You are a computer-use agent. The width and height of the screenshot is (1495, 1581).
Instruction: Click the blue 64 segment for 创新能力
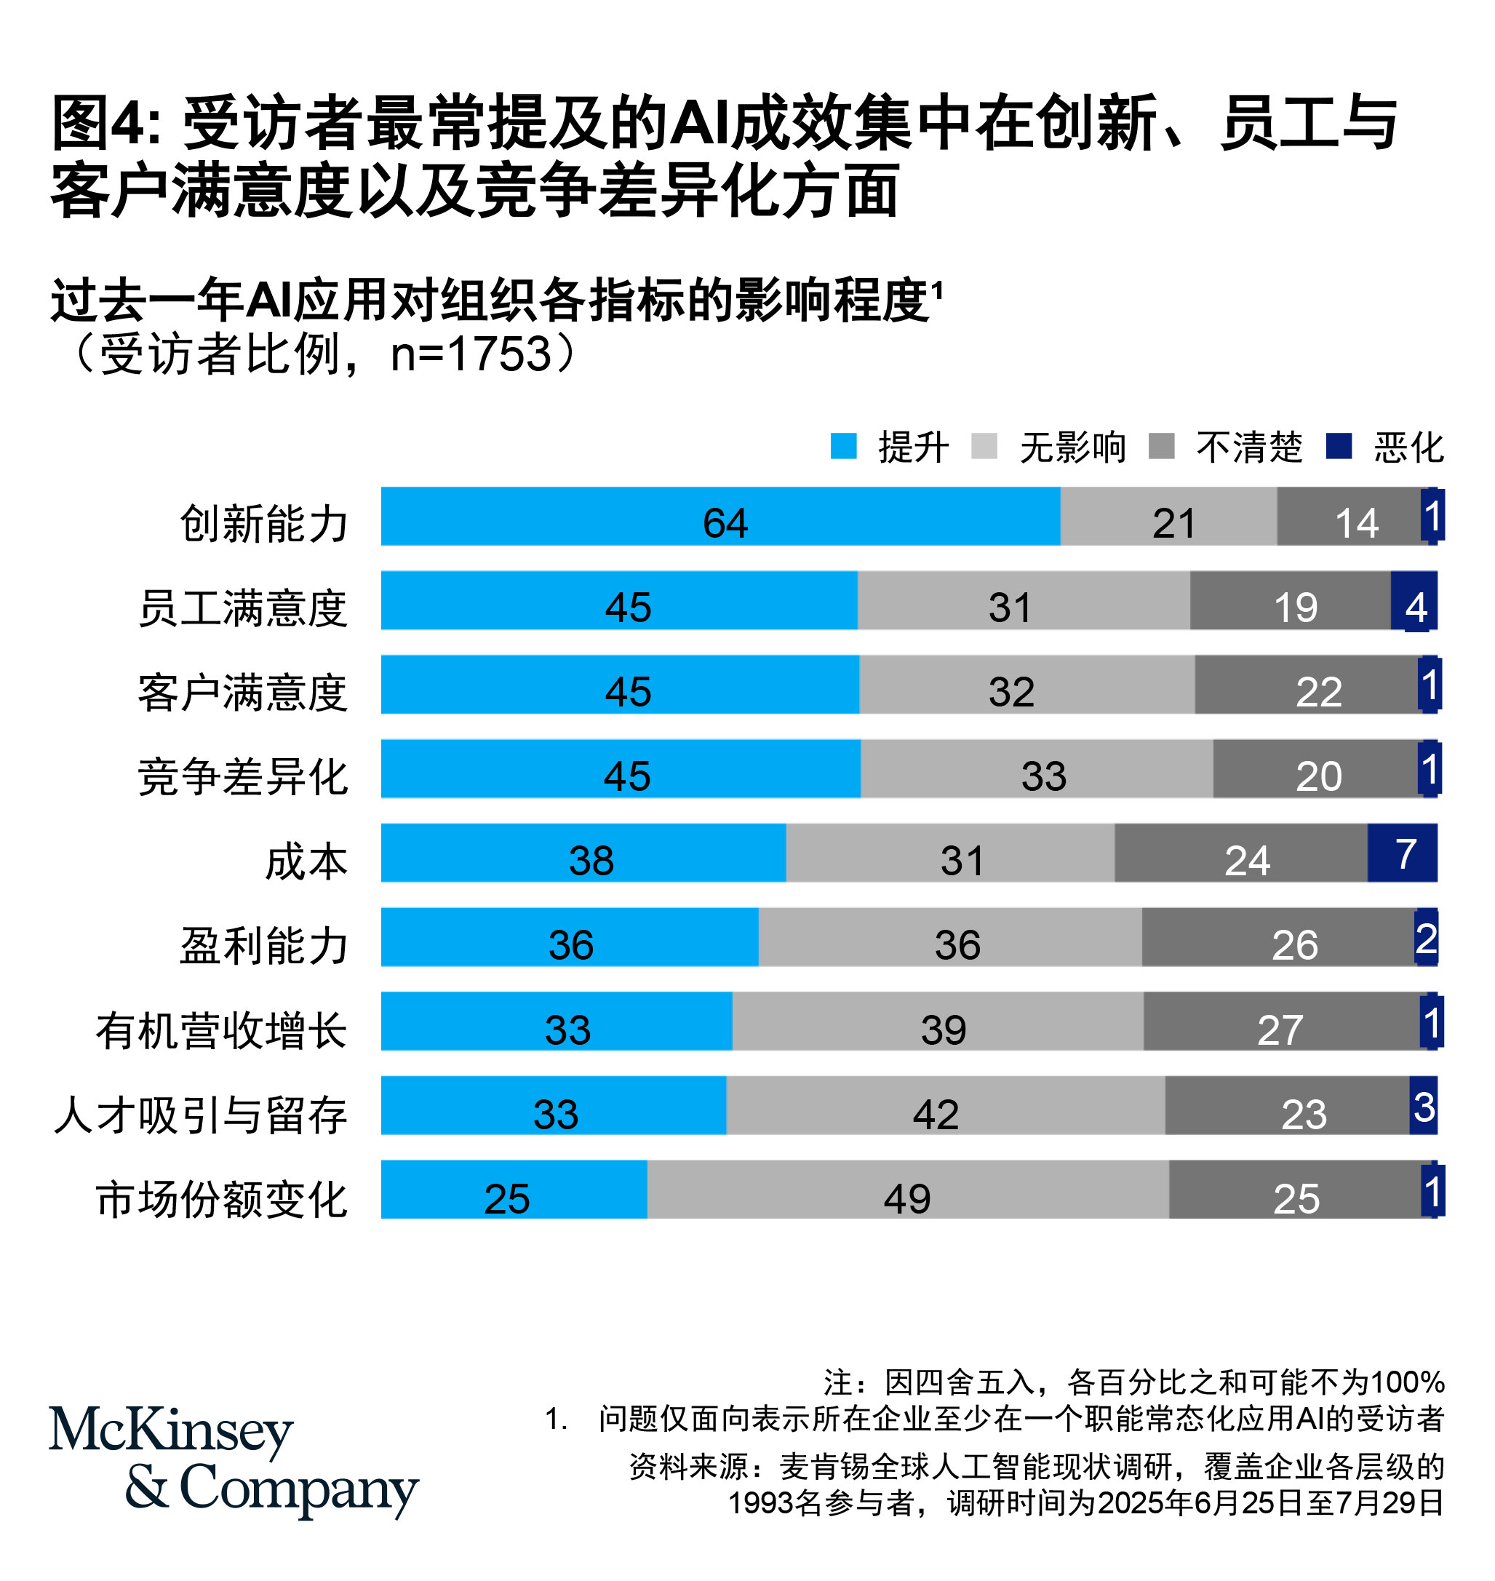click(x=719, y=517)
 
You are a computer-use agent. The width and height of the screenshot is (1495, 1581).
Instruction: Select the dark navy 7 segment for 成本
click(x=1402, y=853)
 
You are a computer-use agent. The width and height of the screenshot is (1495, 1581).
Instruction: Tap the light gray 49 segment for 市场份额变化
click(x=908, y=1189)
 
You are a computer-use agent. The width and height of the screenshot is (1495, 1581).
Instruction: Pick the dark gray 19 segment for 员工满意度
click(x=1289, y=600)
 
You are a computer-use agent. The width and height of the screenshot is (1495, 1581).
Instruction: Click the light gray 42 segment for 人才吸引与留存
click(x=945, y=1105)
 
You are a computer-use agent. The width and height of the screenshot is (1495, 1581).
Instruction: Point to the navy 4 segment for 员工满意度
click(x=1414, y=600)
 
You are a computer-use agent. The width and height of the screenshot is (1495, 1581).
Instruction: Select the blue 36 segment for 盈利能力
click(x=569, y=937)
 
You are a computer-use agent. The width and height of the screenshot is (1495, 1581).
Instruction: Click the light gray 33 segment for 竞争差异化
click(x=1036, y=768)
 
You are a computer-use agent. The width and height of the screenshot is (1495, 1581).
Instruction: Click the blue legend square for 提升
click(x=843, y=446)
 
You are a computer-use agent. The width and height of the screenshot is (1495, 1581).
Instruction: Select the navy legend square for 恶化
click(x=1338, y=446)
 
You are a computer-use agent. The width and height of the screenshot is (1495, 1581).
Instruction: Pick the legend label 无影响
click(x=1072, y=447)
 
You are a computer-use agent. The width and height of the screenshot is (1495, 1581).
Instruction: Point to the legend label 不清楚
click(x=1249, y=447)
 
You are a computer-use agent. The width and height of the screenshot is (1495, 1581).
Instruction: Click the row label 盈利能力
click(x=264, y=945)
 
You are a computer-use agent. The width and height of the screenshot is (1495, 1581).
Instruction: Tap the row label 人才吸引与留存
click(x=201, y=1114)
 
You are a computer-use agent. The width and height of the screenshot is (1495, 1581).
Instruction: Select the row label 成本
click(x=306, y=861)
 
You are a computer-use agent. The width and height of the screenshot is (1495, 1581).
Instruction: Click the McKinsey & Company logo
click(x=233, y=1460)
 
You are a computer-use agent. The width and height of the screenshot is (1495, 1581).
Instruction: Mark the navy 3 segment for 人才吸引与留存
click(x=1423, y=1105)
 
